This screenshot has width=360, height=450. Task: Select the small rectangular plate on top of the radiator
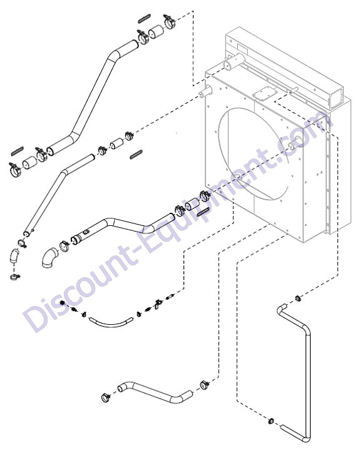(x=265, y=93)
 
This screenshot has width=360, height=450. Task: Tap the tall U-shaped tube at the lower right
(x=307, y=373)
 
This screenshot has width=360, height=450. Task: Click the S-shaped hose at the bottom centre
(x=155, y=392)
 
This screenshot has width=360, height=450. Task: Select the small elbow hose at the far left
(x=14, y=256)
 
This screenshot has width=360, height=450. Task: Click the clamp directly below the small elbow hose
(x=15, y=277)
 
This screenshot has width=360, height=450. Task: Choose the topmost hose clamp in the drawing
(x=169, y=21)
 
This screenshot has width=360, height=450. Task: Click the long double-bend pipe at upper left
(x=92, y=98)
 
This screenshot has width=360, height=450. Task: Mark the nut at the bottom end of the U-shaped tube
(x=270, y=421)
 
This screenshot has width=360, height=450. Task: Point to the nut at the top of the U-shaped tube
(x=297, y=299)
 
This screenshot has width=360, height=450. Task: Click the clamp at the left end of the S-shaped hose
(x=106, y=397)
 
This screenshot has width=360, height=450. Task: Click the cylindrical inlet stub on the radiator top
(x=235, y=62)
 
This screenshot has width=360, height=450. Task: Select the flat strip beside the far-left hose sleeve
(x=18, y=151)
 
